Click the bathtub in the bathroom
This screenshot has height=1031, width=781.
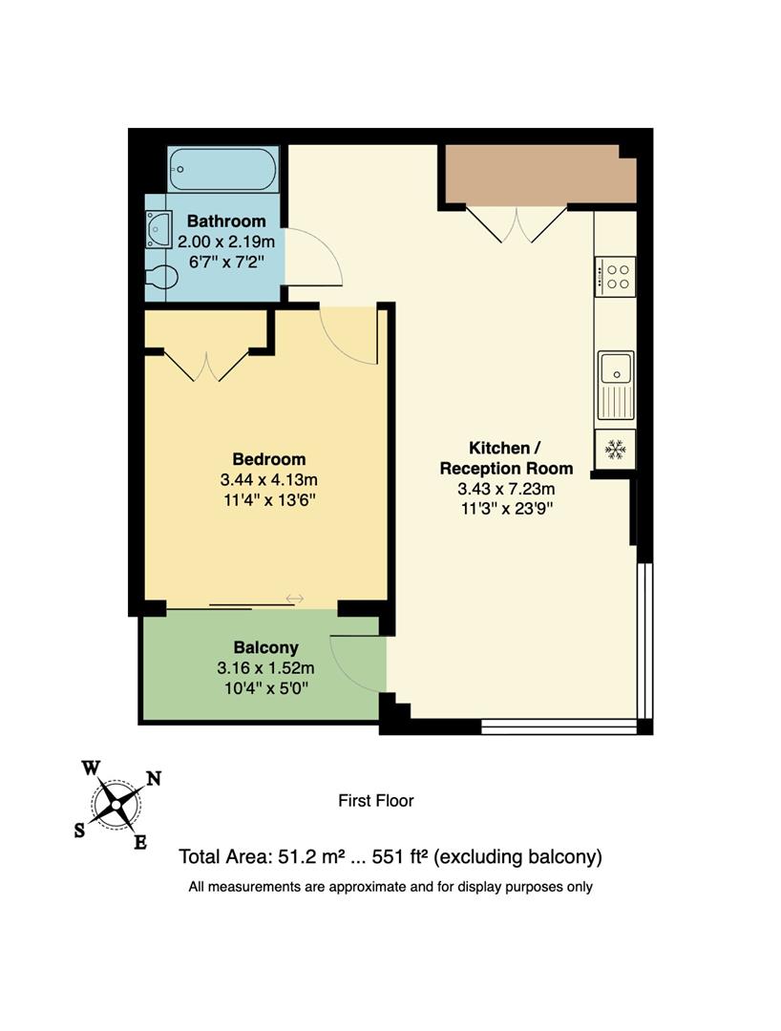click(223, 169)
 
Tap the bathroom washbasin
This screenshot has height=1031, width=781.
click(157, 230)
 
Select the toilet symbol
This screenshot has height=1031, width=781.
click(161, 278)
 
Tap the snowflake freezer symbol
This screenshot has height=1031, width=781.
click(615, 449)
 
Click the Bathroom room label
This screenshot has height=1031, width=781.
click(226, 221)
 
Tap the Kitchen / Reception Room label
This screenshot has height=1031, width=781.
click(505, 458)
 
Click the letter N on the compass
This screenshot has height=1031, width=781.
click(153, 778)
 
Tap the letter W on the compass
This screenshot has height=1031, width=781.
click(91, 768)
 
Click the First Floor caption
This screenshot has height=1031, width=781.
click(376, 801)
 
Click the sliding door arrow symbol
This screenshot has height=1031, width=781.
click(294, 599)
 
